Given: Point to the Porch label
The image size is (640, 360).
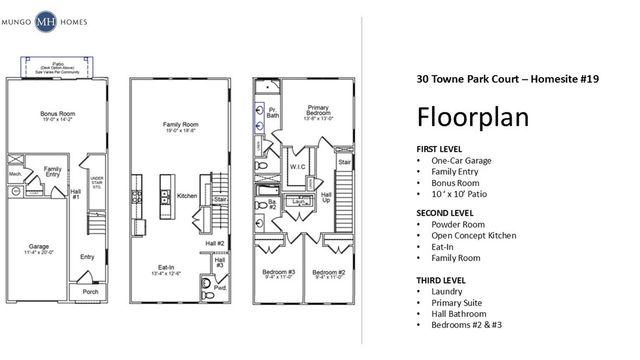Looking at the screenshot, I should (89, 292).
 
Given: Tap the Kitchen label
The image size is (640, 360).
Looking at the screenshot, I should (187, 195).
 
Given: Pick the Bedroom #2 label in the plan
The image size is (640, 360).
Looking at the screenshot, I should (327, 273).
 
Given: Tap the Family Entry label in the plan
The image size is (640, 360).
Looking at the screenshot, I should (52, 173).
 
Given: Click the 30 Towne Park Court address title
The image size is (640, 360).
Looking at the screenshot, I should (507, 79).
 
